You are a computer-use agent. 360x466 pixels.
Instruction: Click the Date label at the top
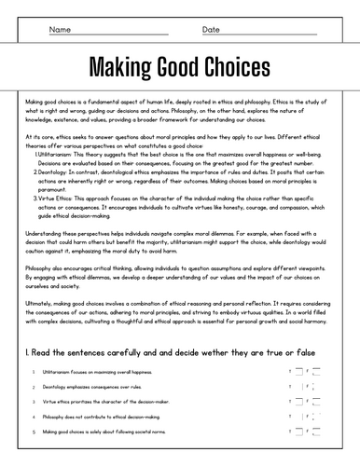click(x=212, y=30)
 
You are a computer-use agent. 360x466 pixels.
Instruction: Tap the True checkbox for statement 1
click(x=300, y=372)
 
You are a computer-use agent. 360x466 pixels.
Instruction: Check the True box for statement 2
click(x=300, y=387)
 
